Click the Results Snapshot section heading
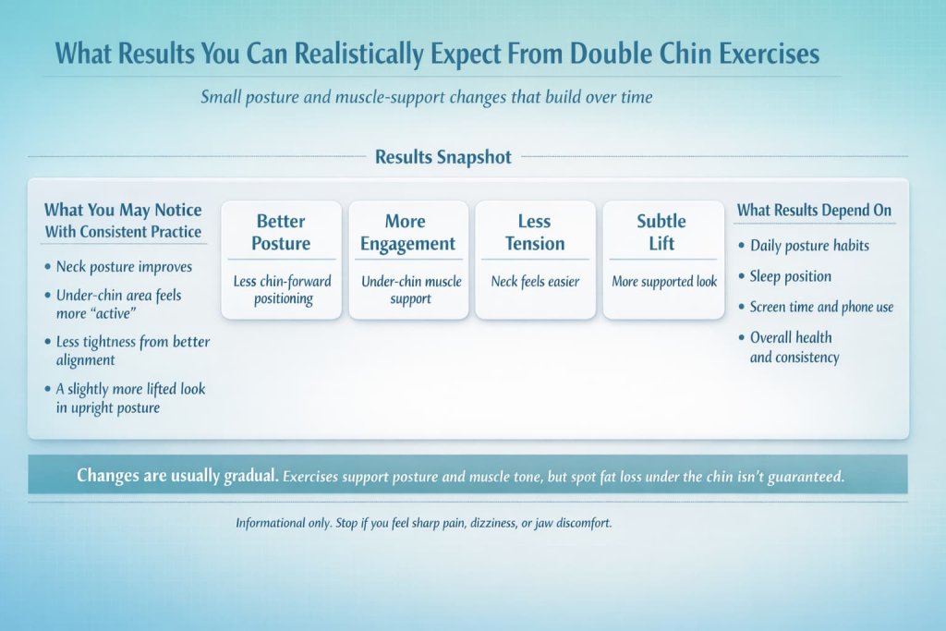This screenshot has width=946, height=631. (x=443, y=157)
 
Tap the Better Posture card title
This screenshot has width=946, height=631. (x=282, y=232)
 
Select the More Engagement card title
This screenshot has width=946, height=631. (x=407, y=232)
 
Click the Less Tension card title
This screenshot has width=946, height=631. (x=535, y=232)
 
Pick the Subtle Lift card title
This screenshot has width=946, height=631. (x=661, y=232)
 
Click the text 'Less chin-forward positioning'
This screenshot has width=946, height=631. (x=282, y=289)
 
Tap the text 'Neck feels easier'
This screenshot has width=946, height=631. (x=535, y=281)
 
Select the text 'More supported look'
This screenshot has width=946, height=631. (x=663, y=281)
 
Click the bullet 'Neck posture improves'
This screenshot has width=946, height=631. (x=124, y=266)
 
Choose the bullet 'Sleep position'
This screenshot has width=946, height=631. (x=790, y=276)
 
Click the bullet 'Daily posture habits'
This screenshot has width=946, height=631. (x=809, y=246)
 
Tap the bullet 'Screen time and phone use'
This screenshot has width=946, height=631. (x=821, y=307)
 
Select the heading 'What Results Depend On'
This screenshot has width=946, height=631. (x=814, y=211)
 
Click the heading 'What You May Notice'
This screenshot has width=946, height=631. (x=123, y=211)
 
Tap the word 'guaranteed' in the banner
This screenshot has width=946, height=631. (x=805, y=477)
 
